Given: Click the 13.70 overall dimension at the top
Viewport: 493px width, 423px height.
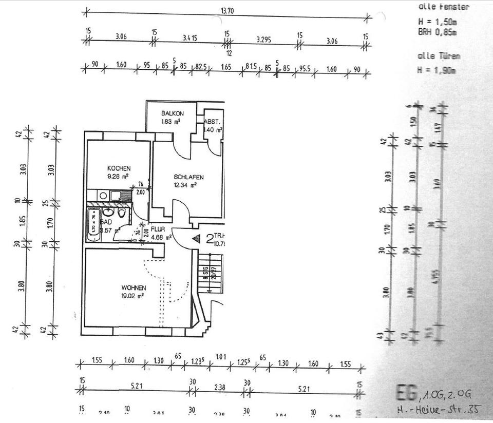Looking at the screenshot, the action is (x=227, y=10).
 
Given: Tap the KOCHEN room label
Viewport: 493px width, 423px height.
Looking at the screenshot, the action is (x=119, y=168).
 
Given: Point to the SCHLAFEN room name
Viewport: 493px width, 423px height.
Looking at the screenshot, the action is (x=188, y=177).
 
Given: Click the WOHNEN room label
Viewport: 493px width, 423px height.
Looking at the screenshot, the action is (x=134, y=287).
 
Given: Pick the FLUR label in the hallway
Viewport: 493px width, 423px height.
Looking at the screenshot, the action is (x=158, y=229).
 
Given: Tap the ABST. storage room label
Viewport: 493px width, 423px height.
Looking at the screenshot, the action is (x=213, y=122).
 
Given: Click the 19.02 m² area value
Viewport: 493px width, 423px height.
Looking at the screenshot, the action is (x=132, y=296).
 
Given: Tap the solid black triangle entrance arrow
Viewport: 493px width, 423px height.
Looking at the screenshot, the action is (x=196, y=238).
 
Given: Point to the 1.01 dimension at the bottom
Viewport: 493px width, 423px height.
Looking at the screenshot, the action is (x=220, y=356).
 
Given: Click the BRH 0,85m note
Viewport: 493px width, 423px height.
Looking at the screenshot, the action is (x=438, y=31).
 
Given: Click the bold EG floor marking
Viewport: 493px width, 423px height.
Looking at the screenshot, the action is (x=406, y=393).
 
